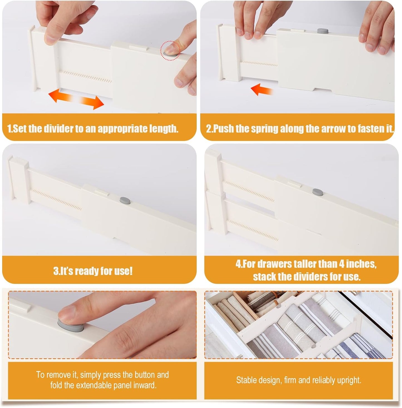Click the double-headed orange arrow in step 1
(76, 99)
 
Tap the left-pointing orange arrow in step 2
(262, 89)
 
